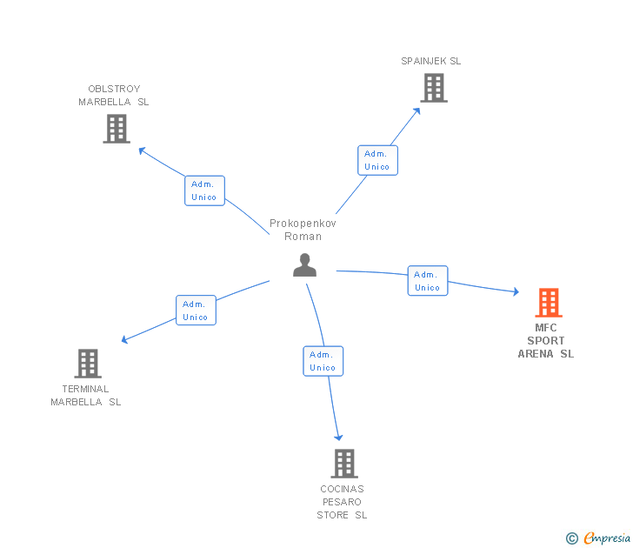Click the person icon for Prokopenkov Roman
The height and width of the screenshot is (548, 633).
[304, 265]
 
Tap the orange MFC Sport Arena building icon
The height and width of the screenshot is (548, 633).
[548, 303]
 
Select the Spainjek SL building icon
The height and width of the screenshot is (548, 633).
[433, 88]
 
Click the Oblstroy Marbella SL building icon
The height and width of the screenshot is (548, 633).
[116, 129]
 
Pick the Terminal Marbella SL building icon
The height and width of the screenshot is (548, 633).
[87, 363]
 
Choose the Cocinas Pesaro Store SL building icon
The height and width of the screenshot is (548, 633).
[343, 463]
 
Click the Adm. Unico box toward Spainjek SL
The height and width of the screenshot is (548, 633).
[377, 160]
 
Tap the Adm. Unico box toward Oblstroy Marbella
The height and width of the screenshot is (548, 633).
[204, 190]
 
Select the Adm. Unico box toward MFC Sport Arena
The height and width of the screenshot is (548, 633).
[427, 281]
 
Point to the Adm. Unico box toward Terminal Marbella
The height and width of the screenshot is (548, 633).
[196, 311]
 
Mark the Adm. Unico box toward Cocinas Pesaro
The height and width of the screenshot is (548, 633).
[323, 361]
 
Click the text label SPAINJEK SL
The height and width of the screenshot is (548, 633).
[431, 61]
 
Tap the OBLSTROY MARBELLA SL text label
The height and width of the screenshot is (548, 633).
[114, 95]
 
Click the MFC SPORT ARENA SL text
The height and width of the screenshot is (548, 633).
[546, 341]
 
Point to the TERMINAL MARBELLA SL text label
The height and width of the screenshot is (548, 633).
[86, 395]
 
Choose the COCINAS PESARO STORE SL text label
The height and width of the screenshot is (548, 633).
[342, 502]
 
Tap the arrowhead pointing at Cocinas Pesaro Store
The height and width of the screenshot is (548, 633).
[337, 437]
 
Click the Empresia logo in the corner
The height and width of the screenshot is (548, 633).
[599, 538]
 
